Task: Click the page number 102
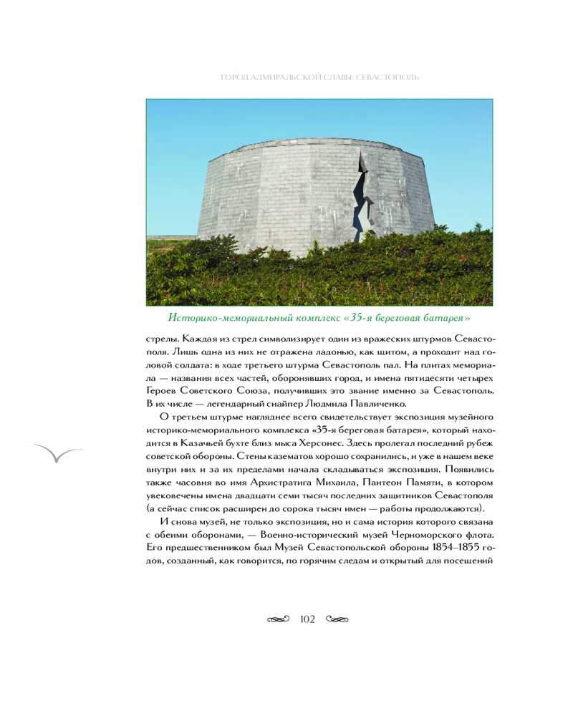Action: point(308,619)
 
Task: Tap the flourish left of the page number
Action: point(277,619)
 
